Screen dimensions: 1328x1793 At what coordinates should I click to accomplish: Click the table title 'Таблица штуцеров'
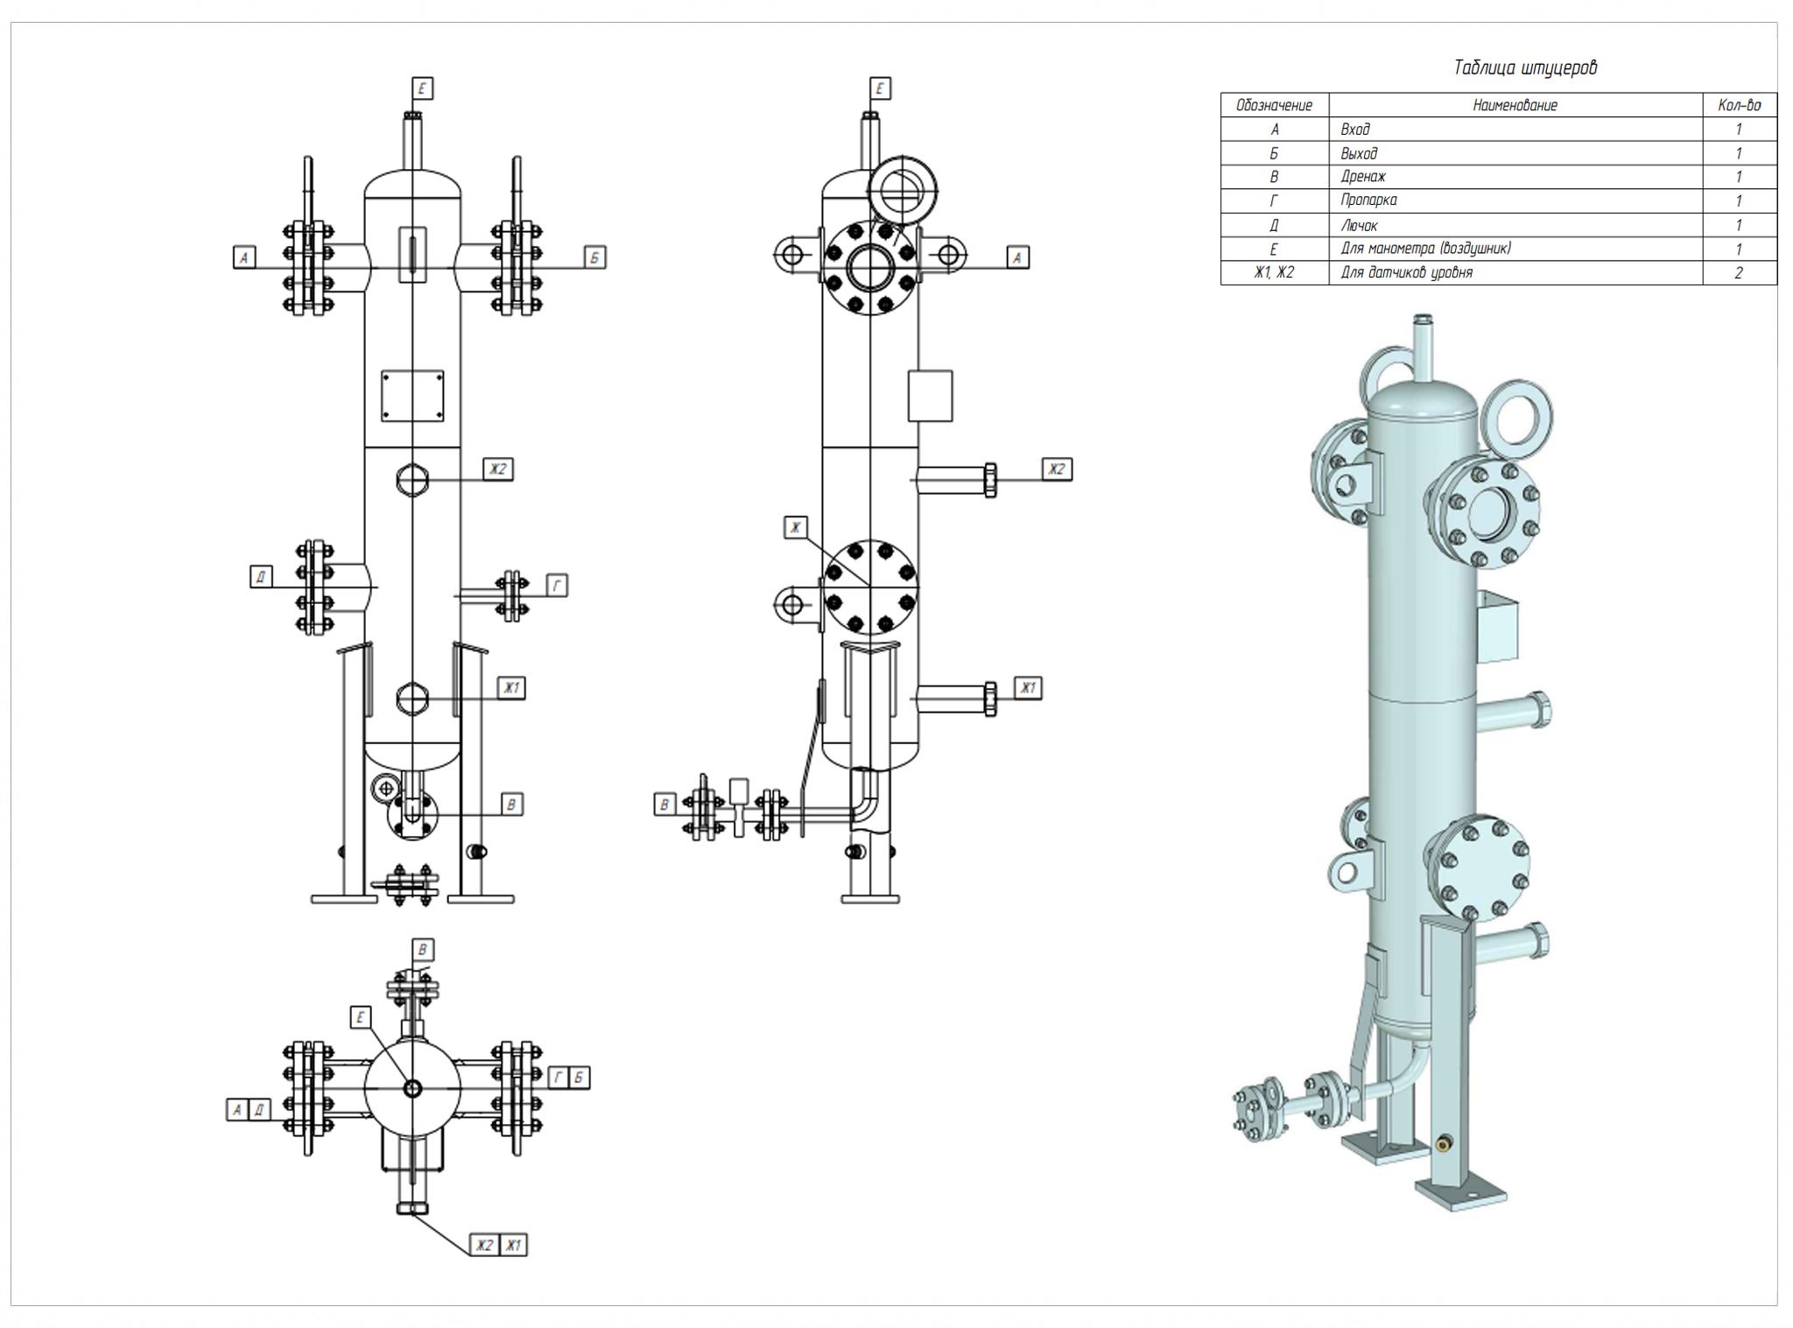(x=1524, y=67)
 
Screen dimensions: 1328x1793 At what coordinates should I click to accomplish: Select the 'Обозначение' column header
(x=1274, y=105)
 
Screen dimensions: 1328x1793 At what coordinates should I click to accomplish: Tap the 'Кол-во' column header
(x=1739, y=105)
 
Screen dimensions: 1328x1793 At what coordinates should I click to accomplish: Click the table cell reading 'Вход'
(x=1355, y=130)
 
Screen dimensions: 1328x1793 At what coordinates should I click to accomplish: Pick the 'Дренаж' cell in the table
(x=1363, y=177)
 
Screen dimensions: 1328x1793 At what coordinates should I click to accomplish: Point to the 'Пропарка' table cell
(x=1368, y=200)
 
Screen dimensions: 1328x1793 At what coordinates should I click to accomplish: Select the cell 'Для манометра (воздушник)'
(x=1425, y=249)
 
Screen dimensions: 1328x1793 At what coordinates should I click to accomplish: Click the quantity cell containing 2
(x=1739, y=273)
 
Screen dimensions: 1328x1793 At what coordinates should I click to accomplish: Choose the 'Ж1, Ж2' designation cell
(x=1274, y=273)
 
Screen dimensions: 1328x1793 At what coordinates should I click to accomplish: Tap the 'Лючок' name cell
(x=1359, y=225)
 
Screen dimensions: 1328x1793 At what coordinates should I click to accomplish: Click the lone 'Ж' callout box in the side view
(x=795, y=527)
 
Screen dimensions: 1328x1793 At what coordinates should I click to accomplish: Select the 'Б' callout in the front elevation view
(x=594, y=257)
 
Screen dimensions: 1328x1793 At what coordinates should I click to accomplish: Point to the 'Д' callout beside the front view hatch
(x=261, y=576)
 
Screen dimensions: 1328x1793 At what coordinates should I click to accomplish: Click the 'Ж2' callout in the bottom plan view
(x=485, y=1244)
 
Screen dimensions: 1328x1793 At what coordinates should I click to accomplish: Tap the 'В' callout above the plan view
(x=423, y=950)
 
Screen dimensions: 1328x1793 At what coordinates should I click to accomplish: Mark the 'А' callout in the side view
(x=1016, y=257)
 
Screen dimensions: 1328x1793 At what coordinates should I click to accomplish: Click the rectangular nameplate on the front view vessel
(x=412, y=396)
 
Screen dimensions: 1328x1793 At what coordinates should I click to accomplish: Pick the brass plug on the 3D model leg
(x=1443, y=1143)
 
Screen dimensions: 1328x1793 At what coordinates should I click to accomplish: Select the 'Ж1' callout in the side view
(x=1028, y=687)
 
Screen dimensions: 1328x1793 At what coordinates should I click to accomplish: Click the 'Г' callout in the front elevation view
(x=557, y=585)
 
